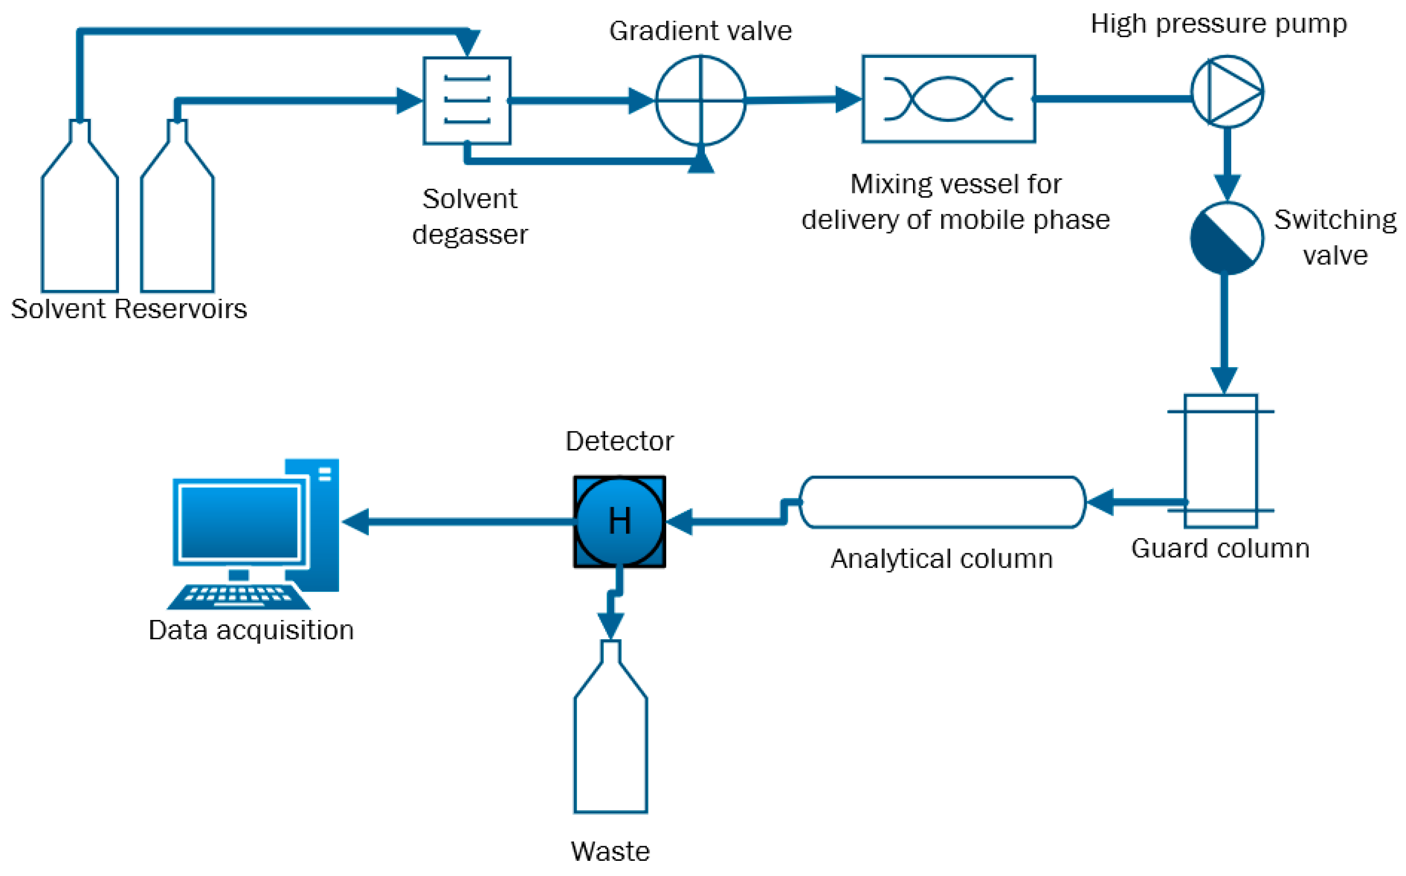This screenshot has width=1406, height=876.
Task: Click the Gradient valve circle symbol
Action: (x=700, y=100)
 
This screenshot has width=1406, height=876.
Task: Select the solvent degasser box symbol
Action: (x=466, y=100)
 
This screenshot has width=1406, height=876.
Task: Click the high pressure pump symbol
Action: (x=1227, y=92)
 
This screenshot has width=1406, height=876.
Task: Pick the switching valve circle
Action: (x=1227, y=238)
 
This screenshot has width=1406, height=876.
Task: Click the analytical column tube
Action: (x=942, y=502)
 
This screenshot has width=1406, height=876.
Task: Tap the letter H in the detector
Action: (x=620, y=521)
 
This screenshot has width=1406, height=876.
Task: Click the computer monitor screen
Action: (x=239, y=522)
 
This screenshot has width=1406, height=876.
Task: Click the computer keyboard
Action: (x=239, y=596)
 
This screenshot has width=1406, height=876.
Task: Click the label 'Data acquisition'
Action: (x=251, y=630)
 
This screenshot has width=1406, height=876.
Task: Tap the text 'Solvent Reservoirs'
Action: (x=129, y=308)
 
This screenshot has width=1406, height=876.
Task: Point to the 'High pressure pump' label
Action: (x=1218, y=24)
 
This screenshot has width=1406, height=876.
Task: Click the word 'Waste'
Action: (x=610, y=851)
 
